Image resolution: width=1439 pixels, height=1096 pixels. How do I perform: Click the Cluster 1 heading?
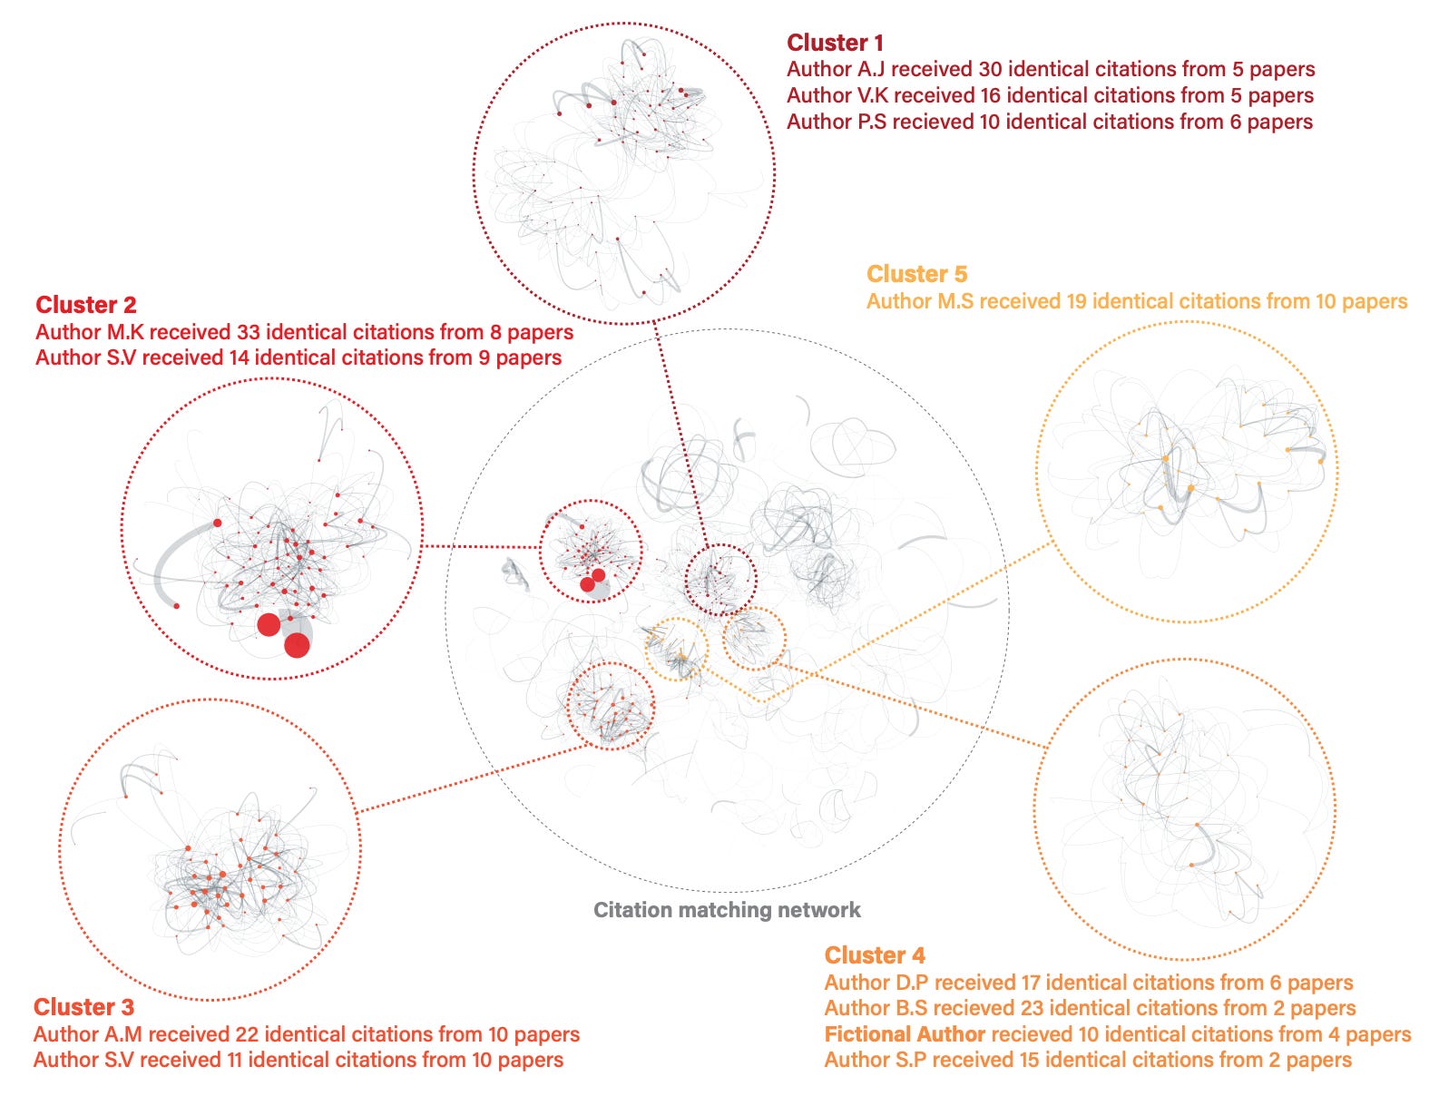(x=835, y=43)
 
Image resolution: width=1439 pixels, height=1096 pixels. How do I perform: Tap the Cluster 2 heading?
(x=86, y=305)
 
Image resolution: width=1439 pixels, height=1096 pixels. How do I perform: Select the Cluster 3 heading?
(x=83, y=1007)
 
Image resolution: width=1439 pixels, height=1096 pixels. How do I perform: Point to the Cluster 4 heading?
(x=875, y=955)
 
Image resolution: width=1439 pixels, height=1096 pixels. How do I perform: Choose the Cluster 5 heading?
(x=916, y=274)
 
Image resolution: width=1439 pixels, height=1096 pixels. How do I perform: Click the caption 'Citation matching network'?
(x=727, y=910)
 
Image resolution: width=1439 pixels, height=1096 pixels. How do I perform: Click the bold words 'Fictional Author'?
(x=905, y=1034)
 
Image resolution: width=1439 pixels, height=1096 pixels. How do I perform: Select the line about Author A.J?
(x=1051, y=69)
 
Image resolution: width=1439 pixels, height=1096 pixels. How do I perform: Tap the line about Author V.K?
(x=1050, y=95)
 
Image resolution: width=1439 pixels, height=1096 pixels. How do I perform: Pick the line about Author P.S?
(x=1049, y=122)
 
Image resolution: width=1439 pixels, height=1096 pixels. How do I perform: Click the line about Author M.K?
(x=304, y=332)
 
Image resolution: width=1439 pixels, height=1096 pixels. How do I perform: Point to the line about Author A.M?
(x=306, y=1034)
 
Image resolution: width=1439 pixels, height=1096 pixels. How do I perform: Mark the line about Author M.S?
(x=1136, y=301)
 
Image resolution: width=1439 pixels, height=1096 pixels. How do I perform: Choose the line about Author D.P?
(x=1088, y=983)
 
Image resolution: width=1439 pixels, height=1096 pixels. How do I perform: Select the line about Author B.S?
(x=1090, y=1008)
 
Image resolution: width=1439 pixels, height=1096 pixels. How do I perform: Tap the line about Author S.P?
(x=1088, y=1060)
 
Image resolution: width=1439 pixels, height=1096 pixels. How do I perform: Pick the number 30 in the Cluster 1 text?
(x=991, y=69)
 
